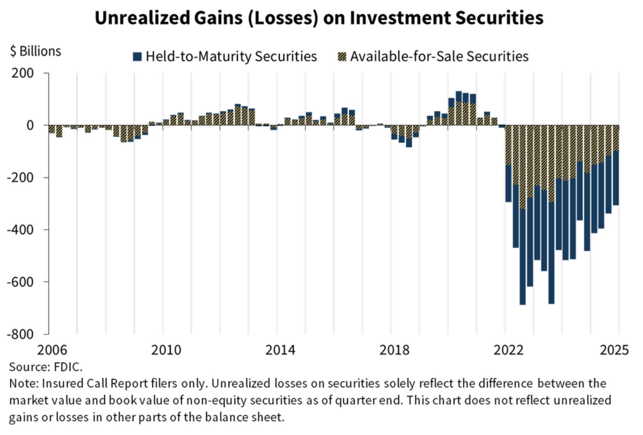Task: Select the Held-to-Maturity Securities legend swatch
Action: click(137, 57)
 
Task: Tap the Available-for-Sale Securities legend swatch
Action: click(342, 57)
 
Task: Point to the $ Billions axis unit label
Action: click(36, 51)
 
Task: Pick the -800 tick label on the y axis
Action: click(20, 334)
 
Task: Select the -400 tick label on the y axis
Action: click(20, 230)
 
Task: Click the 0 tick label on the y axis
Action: click(30, 125)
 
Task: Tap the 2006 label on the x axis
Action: click(52, 350)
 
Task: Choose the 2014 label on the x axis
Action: click(280, 350)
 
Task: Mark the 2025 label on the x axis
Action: click(614, 350)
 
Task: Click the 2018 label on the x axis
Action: click(394, 350)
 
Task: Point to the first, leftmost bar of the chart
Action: click(52, 129)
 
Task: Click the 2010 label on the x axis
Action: click(166, 350)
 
